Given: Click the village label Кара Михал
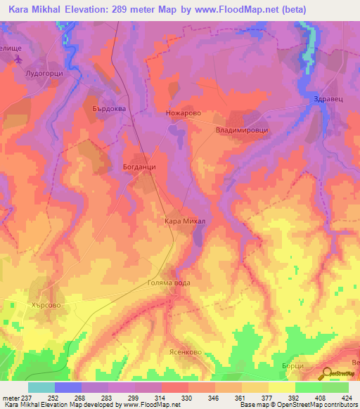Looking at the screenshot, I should point(184,221).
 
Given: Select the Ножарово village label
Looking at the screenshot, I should point(184,112).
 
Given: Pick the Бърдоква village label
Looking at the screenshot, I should point(109,108).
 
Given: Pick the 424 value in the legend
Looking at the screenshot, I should point(347,398).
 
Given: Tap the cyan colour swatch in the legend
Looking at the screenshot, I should point(41,387).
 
